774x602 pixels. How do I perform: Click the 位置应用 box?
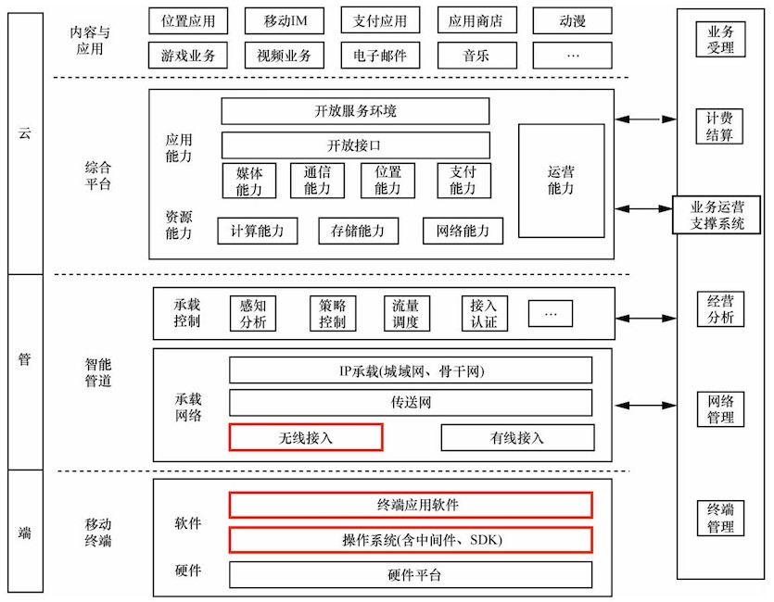(x=188, y=19)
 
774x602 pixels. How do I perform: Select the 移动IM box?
(x=285, y=19)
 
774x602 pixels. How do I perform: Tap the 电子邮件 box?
(x=380, y=56)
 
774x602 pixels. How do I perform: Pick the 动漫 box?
(x=572, y=19)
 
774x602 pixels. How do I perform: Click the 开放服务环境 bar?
(x=355, y=111)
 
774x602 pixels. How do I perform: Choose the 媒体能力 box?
(x=249, y=181)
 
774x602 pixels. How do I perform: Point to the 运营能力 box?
(x=561, y=181)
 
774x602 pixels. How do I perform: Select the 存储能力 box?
(x=358, y=231)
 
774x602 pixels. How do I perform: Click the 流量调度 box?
(x=406, y=313)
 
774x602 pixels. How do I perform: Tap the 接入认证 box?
(x=483, y=313)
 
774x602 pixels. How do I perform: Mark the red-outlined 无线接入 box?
(x=305, y=437)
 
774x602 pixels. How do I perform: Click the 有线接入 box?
(x=517, y=437)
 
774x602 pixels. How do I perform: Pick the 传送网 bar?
(x=411, y=403)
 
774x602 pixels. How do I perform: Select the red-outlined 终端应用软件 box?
(x=411, y=505)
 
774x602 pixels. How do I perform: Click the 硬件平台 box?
(x=411, y=574)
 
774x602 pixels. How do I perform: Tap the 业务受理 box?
(x=720, y=40)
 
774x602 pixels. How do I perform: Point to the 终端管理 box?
(x=720, y=519)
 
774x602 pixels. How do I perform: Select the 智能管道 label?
(x=97, y=373)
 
